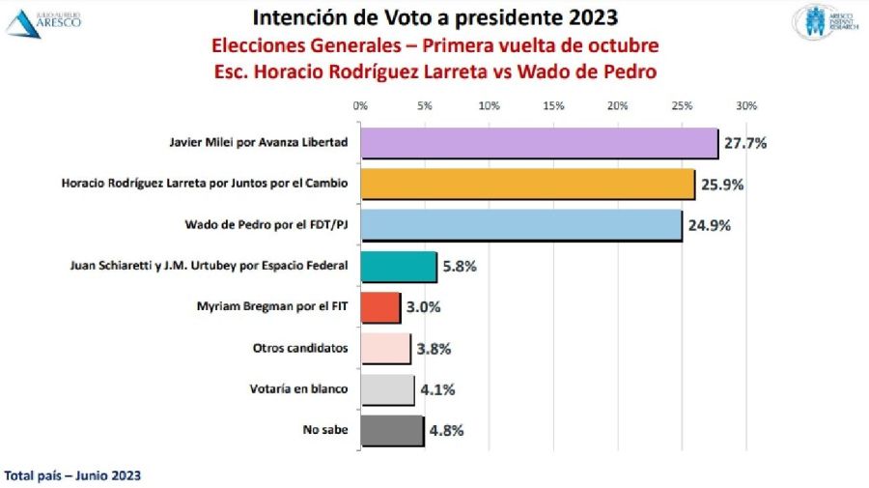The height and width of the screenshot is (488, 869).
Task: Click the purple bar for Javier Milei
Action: pos(539,143)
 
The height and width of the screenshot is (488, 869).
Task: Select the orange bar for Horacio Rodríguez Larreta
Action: pos(527,184)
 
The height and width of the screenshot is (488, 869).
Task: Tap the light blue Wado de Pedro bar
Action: pos(520,225)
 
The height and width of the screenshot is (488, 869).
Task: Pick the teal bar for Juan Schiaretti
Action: pos(398,266)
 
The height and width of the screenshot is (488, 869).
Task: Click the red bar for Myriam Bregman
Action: pos(379,307)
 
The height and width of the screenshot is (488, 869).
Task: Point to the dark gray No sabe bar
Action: pos(391,430)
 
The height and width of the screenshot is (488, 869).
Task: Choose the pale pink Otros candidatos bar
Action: pos(384,349)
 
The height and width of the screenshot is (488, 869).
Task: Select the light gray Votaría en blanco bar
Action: pos(386,389)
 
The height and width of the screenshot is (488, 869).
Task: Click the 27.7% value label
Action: pos(745,143)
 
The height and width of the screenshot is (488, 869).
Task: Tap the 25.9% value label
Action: pos(722,184)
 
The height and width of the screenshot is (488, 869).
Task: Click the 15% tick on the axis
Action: pos(553,105)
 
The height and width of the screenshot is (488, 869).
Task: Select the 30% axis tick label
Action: pos(746,105)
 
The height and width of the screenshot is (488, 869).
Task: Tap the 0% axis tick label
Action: pos(360,105)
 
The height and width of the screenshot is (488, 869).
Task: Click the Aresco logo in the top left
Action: pos(43,21)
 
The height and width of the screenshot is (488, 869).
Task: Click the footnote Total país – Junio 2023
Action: pos(73,475)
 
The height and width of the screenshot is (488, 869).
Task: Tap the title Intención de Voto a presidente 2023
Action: pos(434,18)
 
